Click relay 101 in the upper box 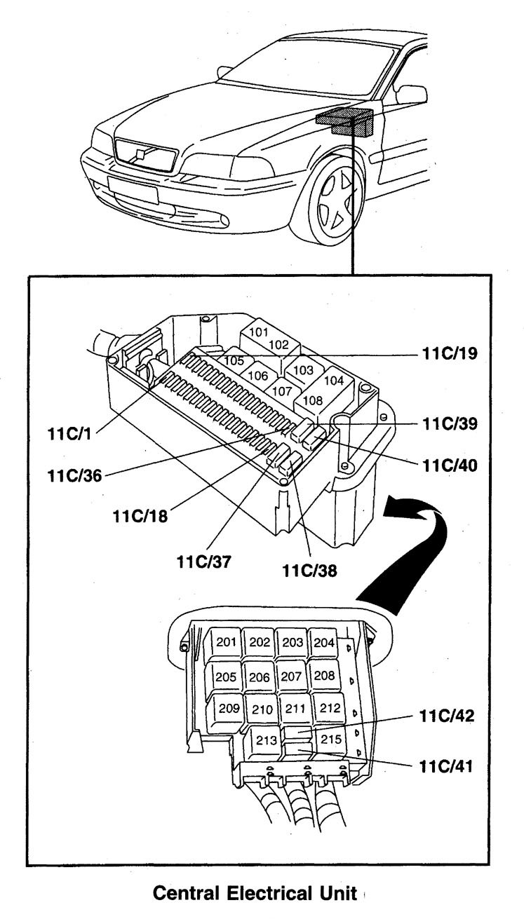pos(259,332)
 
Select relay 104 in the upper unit pos(335,381)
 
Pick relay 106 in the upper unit pos(257,376)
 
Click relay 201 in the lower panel pos(226,642)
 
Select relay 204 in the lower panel pos(323,642)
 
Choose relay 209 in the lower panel pos(229,707)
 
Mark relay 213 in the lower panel pos(267,741)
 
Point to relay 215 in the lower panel pos(330,739)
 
